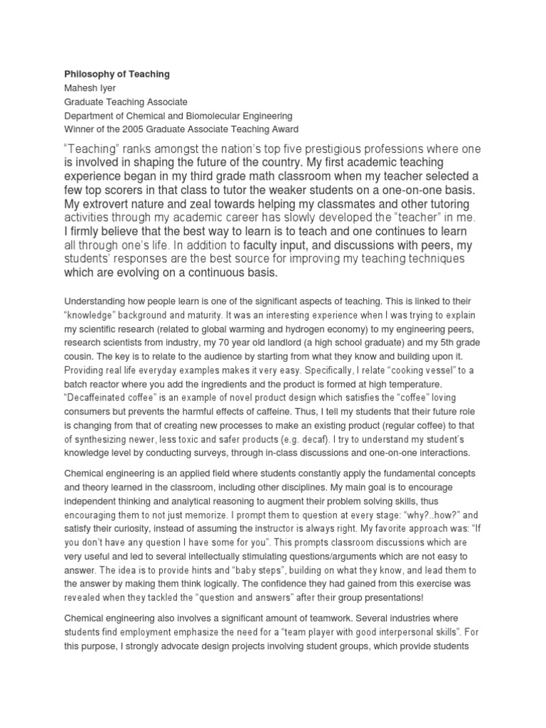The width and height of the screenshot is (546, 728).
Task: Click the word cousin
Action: [80, 356]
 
